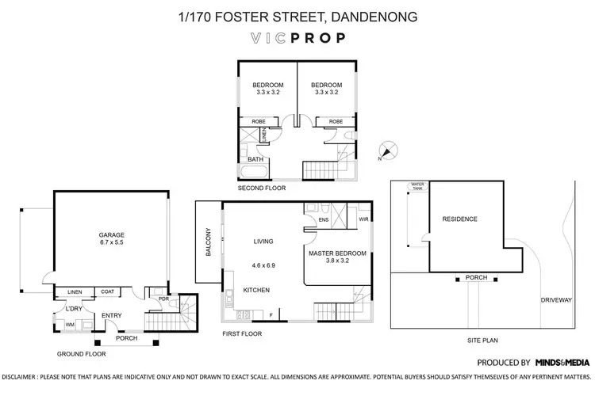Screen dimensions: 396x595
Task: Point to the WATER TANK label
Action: tap(416, 187)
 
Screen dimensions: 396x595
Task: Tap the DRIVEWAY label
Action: tap(557, 301)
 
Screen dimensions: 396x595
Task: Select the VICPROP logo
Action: tap(297, 36)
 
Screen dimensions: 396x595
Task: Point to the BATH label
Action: tap(255, 159)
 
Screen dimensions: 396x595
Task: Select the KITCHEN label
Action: tap(257, 290)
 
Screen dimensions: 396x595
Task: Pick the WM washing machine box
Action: tap(69, 324)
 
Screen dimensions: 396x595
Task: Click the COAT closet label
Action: tap(106, 292)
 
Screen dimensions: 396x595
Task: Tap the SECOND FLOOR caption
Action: tap(262, 188)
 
